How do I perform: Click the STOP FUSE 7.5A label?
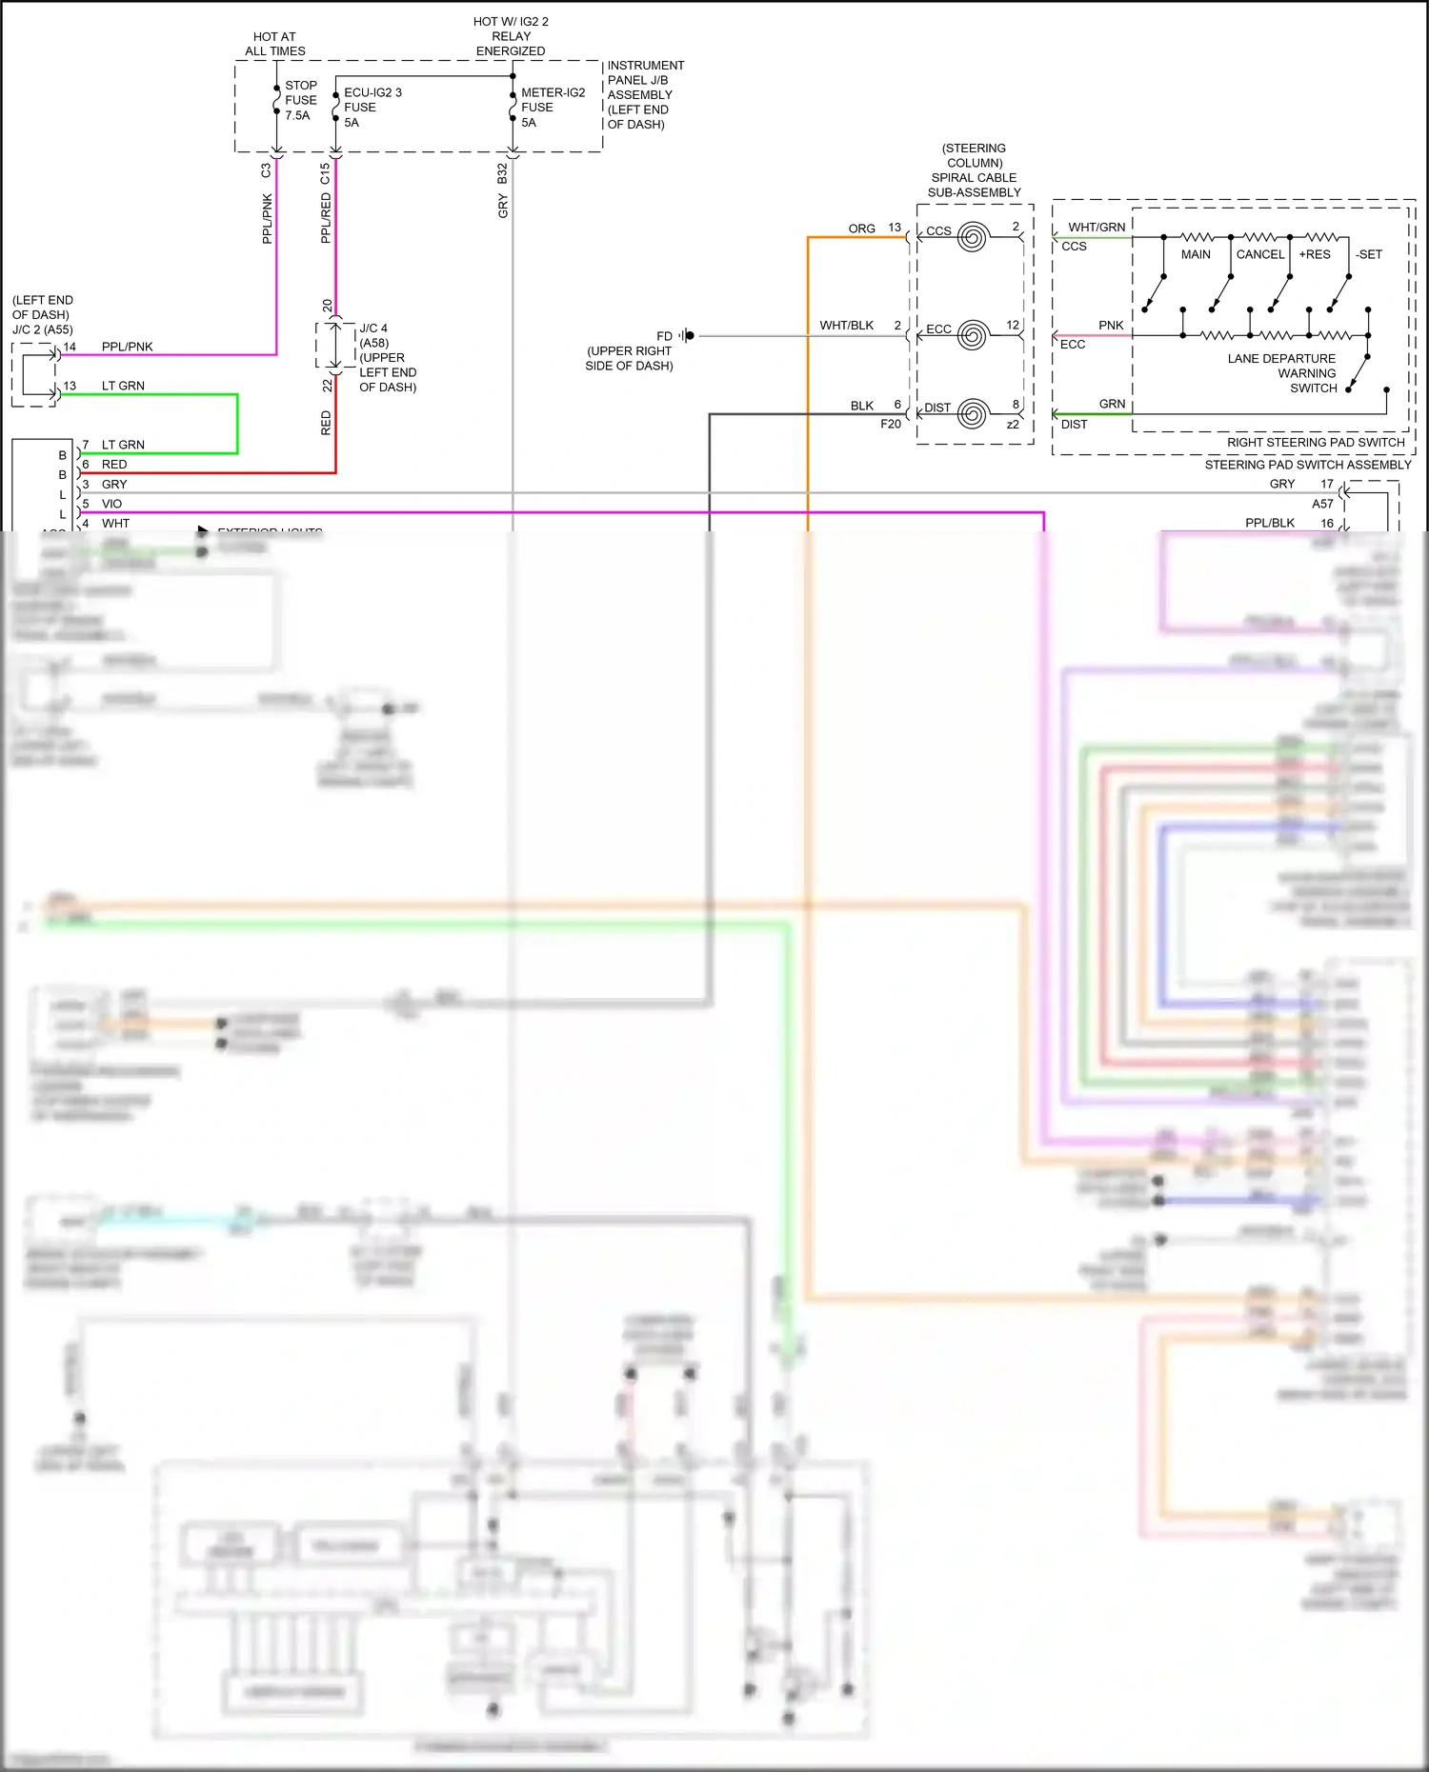300,100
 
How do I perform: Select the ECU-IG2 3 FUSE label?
372,107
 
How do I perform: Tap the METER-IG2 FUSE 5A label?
552,107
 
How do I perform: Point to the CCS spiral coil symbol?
972,236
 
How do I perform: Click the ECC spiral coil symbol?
972,335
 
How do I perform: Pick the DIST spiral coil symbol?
972,414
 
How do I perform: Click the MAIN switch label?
1196,254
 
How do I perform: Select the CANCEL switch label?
1259,254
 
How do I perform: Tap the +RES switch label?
1314,254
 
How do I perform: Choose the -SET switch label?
1368,254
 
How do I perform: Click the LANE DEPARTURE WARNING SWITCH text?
1281,373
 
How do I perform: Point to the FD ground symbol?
688,335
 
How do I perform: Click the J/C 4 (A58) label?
373,335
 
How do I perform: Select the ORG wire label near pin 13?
861,229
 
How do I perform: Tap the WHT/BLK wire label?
846,326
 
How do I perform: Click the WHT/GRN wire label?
1096,227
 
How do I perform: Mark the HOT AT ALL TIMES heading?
274,44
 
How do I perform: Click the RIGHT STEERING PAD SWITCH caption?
1315,443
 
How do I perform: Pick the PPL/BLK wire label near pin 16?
1269,523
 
